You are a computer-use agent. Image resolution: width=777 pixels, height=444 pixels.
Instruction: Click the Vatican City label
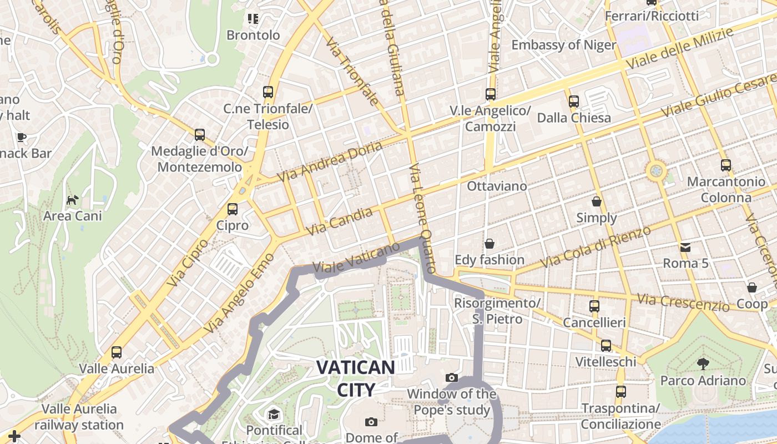click(x=356, y=378)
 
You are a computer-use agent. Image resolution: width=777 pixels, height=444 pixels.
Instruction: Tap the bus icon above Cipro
click(x=233, y=209)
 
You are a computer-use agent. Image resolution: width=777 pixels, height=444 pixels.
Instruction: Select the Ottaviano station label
click(x=497, y=186)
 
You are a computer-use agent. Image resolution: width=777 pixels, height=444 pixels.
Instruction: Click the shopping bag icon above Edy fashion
click(x=489, y=244)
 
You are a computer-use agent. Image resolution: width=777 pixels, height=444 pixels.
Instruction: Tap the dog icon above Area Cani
click(x=72, y=200)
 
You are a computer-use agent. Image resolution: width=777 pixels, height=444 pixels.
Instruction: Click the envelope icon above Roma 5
click(x=685, y=247)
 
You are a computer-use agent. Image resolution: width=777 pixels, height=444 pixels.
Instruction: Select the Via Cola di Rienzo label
click(x=597, y=246)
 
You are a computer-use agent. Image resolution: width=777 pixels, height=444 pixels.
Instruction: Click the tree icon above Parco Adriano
click(x=703, y=365)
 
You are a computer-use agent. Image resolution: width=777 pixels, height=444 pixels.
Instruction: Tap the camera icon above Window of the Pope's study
click(x=452, y=378)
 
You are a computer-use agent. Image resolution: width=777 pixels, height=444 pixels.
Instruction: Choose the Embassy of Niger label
click(x=564, y=45)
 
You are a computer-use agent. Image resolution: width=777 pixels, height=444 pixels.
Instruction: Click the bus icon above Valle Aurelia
click(x=117, y=352)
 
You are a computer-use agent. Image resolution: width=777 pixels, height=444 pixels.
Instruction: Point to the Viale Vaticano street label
click(x=357, y=258)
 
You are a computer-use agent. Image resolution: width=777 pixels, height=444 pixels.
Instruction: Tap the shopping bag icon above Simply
click(x=597, y=201)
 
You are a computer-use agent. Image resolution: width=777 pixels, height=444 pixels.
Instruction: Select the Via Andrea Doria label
click(x=331, y=162)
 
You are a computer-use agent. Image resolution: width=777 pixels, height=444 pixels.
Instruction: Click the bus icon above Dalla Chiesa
click(x=574, y=102)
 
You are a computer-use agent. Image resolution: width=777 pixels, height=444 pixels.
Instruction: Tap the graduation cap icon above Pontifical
click(x=274, y=415)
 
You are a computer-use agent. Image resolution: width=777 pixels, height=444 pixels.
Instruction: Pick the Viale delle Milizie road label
click(x=680, y=48)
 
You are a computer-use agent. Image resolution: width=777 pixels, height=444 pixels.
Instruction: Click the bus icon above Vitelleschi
click(x=606, y=346)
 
